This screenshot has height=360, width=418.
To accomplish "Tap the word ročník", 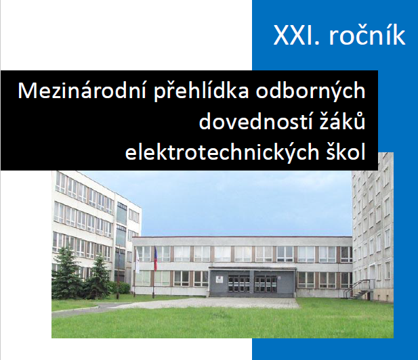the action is point(367,34).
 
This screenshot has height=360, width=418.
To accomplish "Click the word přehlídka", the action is point(201,92).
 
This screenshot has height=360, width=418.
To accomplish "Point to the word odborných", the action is point(310,92).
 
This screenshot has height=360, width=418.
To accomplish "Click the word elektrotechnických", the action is point(222,152).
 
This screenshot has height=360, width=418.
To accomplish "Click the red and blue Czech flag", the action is point(155,258).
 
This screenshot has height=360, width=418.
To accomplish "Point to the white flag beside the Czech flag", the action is point(138,261).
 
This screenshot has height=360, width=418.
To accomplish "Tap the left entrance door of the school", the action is point(239,284).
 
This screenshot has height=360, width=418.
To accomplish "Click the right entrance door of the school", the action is point(266,284).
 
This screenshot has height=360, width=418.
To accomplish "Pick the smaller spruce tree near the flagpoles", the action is point(98,277).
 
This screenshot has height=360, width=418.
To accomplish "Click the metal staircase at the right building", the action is point(362,290).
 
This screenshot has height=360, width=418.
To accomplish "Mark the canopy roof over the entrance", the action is point(252,269).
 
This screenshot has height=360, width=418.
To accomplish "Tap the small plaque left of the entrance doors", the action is point(219,279).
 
